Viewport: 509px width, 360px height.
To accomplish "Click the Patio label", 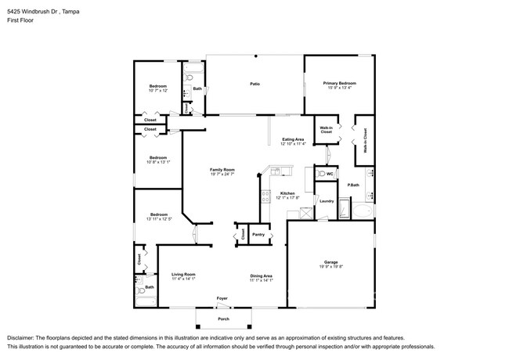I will click(254, 83).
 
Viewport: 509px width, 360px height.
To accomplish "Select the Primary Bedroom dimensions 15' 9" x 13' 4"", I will click(341, 88).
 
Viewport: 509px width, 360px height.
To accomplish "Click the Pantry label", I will click(258, 233).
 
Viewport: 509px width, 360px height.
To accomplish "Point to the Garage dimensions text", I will click(330, 267).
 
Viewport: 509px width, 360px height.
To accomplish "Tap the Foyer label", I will click(223, 298).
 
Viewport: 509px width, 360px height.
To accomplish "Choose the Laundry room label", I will click(327, 201).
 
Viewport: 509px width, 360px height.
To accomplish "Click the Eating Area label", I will click(294, 139).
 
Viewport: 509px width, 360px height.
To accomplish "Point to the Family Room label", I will click(222, 170).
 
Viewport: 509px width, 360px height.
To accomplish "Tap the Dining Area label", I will click(261, 275).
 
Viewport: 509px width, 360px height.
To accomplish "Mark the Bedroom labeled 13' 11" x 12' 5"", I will click(159, 218).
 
